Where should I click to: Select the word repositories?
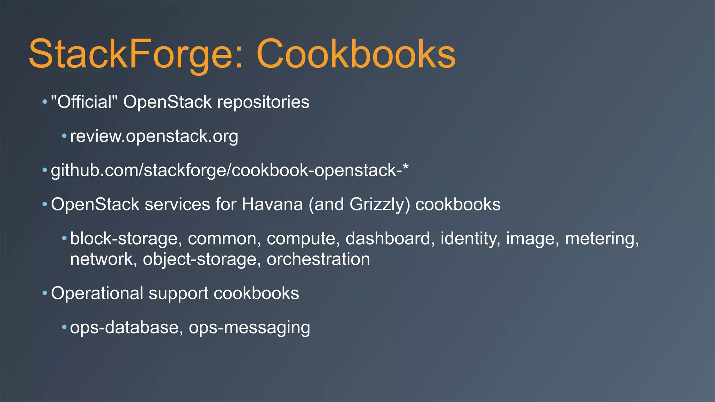263,102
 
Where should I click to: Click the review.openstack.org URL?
154,136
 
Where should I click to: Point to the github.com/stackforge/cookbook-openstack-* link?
229,171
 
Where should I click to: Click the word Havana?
272,204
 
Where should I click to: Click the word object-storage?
199,260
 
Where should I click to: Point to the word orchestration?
318,260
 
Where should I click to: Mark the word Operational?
97,293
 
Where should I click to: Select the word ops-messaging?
249,328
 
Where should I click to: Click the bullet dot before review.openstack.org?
64,136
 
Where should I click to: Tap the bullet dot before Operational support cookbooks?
45,293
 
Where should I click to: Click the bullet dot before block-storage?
64,239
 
